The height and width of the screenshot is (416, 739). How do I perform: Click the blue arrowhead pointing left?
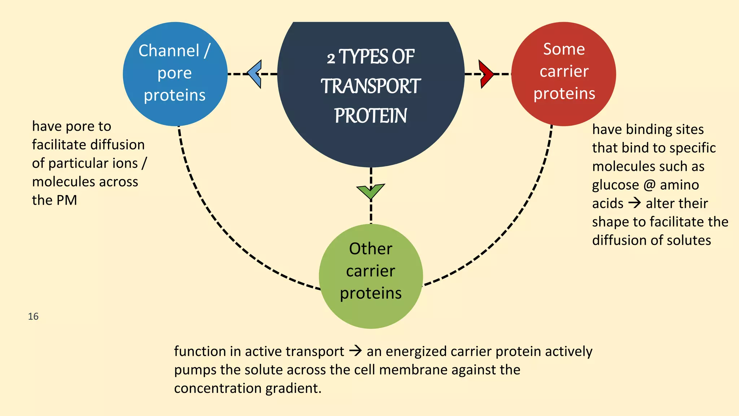pos(255,74)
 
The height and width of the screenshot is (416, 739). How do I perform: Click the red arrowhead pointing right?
pos(486,74)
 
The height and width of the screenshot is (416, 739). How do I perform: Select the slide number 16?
pos(33,316)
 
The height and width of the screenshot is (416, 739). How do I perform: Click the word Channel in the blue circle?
pos(169,51)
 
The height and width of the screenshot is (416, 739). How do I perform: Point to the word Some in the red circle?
pos(564,49)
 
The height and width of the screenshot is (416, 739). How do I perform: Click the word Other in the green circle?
pos(371,249)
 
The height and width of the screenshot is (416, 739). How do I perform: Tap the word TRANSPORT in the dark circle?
pos(371,87)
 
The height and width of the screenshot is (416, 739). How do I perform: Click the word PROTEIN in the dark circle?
pos(371,116)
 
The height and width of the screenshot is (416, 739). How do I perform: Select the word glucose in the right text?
pos(615,185)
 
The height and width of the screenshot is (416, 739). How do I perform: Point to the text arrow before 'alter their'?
pos(634,203)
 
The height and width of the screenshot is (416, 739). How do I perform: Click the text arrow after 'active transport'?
pos(355,351)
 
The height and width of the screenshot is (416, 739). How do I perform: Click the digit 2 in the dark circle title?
pos(331,58)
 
